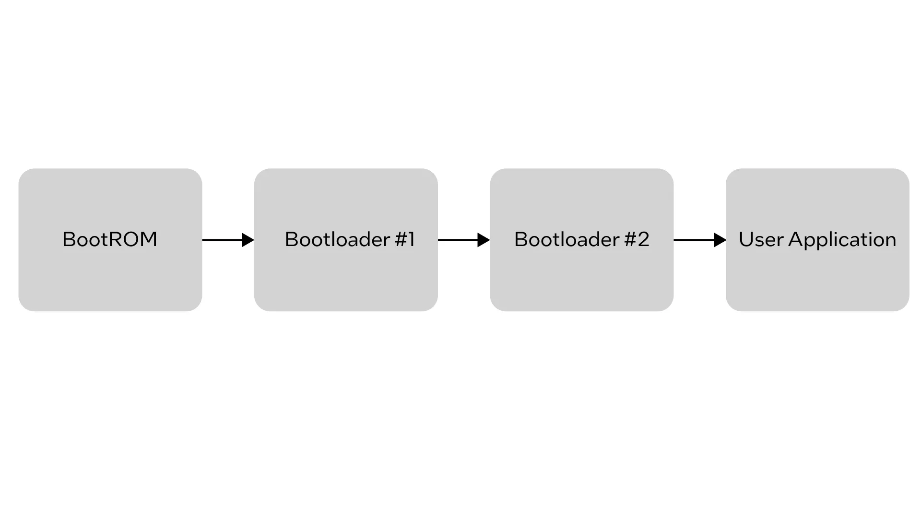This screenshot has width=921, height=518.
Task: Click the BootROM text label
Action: tap(110, 239)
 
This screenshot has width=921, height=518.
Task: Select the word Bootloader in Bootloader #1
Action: tap(337, 239)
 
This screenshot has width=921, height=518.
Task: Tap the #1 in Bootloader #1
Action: tap(405, 239)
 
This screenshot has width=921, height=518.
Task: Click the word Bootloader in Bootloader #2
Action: tap(567, 239)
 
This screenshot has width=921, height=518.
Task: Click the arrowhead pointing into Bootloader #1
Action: tap(248, 240)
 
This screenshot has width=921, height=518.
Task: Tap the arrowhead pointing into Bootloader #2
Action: tap(484, 240)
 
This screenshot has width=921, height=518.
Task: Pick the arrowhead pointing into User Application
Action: tap(720, 240)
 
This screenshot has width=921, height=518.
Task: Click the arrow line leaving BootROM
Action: tap(222, 240)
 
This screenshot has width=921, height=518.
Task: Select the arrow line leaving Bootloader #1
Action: tap(458, 240)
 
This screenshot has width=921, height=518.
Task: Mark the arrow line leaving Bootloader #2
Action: tap(694, 240)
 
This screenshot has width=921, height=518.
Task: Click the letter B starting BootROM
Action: tap(69, 239)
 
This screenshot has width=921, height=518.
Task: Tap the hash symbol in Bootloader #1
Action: tap(401, 239)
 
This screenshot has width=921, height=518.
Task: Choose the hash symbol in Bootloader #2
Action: tap(630, 239)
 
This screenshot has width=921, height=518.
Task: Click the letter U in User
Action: tap(746, 239)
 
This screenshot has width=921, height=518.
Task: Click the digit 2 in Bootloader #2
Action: tap(644, 239)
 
